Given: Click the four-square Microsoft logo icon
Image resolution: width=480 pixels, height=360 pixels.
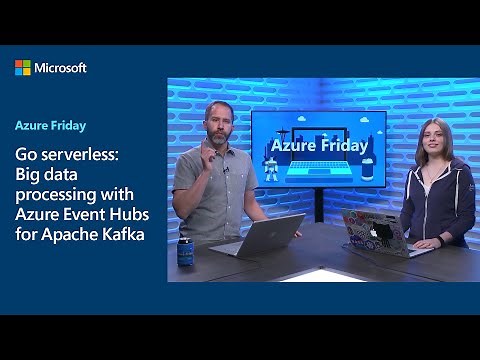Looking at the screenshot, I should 22,67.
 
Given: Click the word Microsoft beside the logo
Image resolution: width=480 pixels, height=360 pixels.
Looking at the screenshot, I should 61,68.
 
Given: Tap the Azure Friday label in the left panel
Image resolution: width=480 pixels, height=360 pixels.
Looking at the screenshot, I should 50,126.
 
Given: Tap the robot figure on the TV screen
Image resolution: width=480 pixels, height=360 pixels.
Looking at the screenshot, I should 273,170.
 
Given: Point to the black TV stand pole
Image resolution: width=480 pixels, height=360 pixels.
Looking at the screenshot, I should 318,205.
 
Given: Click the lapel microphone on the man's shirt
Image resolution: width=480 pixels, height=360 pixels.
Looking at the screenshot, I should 226,169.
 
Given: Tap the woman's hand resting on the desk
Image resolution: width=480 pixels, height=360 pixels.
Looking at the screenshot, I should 425,242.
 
